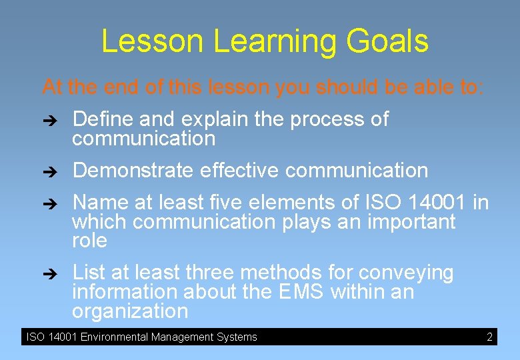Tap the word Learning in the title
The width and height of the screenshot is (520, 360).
(x=275, y=42)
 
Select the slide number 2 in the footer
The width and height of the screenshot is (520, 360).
(x=489, y=337)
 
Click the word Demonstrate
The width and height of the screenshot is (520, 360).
(x=133, y=171)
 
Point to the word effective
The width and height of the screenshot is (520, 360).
(x=239, y=171)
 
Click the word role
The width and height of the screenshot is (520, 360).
(x=89, y=241)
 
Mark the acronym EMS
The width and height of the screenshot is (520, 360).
(x=300, y=292)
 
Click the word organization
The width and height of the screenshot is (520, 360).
(x=130, y=311)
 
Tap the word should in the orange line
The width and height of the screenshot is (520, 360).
(x=345, y=87)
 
